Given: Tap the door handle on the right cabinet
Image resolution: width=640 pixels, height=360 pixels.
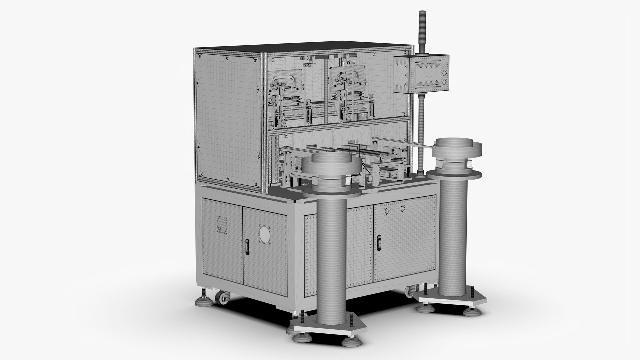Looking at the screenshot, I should pyautogui.click(x=379, y=242).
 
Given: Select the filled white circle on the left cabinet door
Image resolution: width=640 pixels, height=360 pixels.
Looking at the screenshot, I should pyautogui.click(x=265, y=235).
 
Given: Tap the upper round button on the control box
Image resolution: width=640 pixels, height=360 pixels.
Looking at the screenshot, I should pyautogui.click(x=444, y=72).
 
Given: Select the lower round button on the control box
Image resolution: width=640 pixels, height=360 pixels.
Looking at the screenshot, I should pyautogui.click(x=444, y=81).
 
